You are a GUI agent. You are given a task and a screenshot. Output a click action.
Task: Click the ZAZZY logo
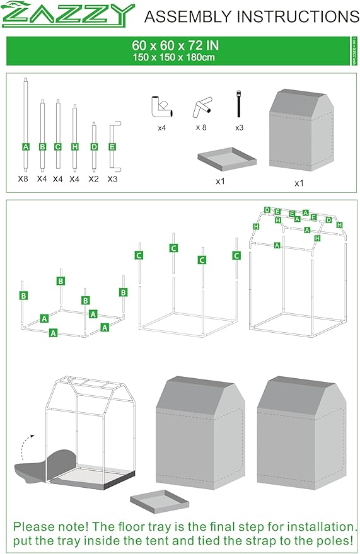click(68, 15)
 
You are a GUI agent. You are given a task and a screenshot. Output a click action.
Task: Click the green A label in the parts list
click(26, 147)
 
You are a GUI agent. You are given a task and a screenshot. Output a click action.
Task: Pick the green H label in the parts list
click(74, 147)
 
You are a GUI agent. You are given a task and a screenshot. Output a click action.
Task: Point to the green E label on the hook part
click(112, 147)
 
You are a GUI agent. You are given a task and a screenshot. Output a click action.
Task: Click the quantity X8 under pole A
click(24, 179)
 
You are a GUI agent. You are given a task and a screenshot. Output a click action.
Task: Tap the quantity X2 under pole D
click(93, 179)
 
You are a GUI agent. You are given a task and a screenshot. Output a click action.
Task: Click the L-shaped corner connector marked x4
click(162, 107)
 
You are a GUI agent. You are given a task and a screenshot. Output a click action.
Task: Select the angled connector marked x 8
click(202, 108)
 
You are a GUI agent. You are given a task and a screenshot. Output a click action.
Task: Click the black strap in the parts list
click(239, 105)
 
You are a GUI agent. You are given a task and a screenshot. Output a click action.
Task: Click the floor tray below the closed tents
click(160, 502)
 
